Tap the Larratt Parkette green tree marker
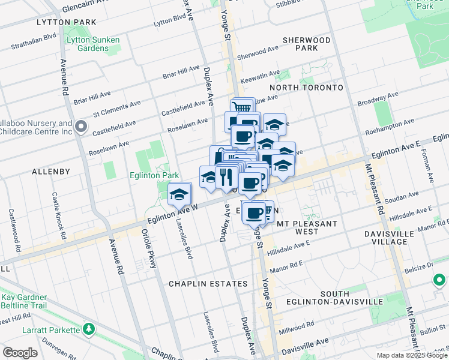89,329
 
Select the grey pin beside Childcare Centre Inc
82,127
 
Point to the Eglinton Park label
155,175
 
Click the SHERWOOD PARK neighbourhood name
304,44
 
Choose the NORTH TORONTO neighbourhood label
306,88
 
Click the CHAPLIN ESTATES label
208,283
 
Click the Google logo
20,353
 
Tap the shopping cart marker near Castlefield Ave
242,108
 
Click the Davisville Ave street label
309,342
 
